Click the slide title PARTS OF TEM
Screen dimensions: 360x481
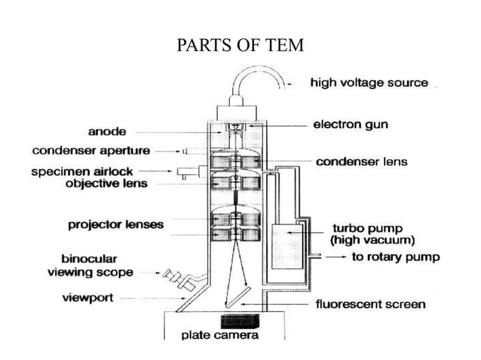pos(240,45)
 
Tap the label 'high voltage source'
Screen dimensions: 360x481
pos(369,83)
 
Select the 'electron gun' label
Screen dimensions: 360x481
pos(351,124)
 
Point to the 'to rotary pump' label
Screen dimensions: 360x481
pos(397,257)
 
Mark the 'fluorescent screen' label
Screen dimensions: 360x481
pos(369,304)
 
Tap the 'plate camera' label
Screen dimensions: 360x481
pos(220,335)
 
